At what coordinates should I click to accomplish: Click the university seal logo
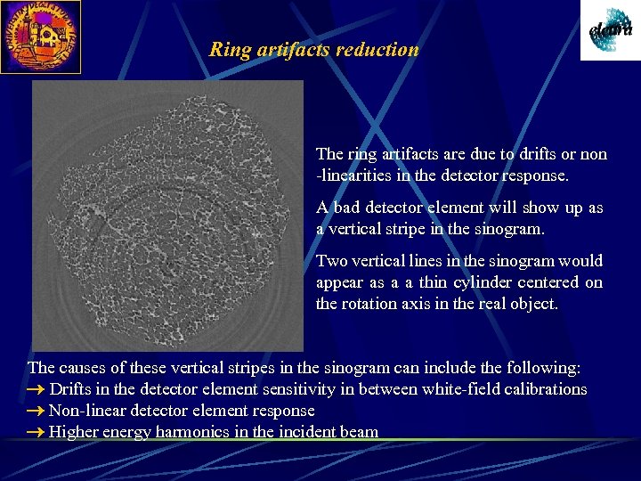pyautogui.click(x=40, y=37)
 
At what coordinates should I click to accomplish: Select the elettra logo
pyautogui.click(x=610, y=30)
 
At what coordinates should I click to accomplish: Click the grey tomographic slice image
pyautogui.click(x=167, y=215)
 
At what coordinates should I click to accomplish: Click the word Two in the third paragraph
pyautogui.click(x=331, y=261)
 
